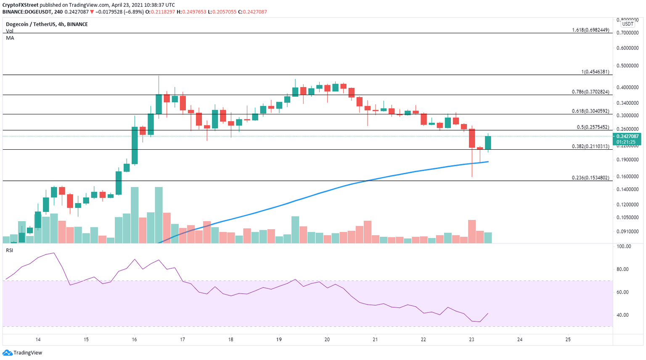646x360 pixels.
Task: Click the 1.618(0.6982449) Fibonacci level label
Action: tap(590, 30)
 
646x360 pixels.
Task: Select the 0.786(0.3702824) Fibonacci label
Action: tap(590, 92)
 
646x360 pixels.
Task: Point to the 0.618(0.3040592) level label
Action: tap(590, 111)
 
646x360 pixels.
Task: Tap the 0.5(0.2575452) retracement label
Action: tap(593, 127)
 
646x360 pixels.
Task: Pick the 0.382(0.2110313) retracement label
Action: tap(590, 146)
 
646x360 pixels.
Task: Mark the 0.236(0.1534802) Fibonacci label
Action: tap(590, 178)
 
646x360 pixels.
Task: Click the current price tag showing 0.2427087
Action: tap(627, 137)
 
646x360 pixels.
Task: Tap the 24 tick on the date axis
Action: tap(520, 339)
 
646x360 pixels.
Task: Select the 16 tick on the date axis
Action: tap(134, 339)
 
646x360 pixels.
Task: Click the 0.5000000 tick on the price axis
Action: tap(627, 66)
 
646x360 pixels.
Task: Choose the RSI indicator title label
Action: tap(9, 251)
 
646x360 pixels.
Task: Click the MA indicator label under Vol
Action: tap(10, 38)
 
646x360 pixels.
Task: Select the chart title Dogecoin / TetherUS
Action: tap(46, 24)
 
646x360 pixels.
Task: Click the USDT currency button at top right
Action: tap(627, 24)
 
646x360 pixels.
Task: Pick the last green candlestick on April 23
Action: tap(488, 143)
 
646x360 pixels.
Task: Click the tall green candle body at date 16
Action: tap(135, 145)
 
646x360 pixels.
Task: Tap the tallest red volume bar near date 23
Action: tap(472, 231)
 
